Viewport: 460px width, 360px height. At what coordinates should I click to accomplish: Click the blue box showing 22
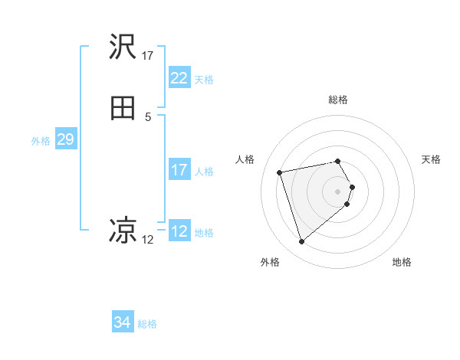click(179, 78)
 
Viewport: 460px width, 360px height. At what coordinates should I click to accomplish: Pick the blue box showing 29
click(65, 139)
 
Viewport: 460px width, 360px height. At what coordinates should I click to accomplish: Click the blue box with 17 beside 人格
click(179, 170)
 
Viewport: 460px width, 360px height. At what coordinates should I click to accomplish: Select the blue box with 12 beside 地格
click(179, 231)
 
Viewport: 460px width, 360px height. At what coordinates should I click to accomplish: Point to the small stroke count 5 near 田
click(148, 116)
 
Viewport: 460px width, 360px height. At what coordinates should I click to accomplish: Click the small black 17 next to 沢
click(148, 55)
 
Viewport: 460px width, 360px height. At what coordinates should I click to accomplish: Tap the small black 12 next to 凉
click(148, 239)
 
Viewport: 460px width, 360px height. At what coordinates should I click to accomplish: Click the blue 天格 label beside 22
click(204, 80)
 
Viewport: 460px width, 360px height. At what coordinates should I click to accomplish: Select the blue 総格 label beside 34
click(148, 324)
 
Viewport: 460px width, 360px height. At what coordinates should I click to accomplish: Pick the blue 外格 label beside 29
click(41, 141)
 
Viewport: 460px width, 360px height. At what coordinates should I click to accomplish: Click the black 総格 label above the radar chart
click(338, 100)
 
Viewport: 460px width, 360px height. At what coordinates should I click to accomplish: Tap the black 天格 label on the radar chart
click(431, 159)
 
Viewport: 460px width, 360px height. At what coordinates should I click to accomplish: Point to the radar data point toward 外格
click(302, 242)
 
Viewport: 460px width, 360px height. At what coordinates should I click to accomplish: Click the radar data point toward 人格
click(280, 172)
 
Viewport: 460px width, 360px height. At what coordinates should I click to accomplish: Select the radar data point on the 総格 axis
click(338, 161)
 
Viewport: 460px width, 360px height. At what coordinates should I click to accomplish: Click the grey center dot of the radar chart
click(338, 191)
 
